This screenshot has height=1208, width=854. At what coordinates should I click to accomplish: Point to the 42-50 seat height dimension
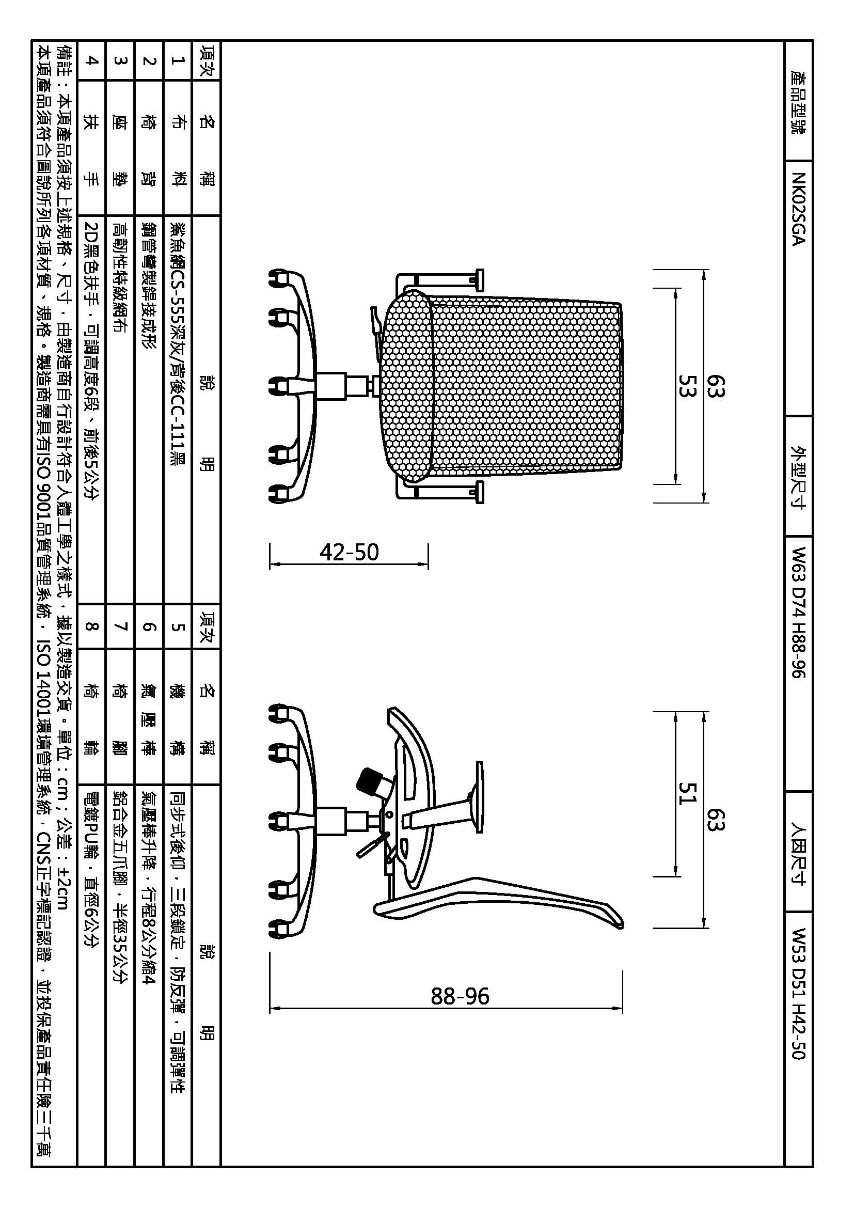pos(349,553)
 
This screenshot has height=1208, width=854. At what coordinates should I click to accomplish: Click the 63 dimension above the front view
pos(716,386)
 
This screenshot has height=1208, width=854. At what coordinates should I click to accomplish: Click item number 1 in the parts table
pos(177,60)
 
